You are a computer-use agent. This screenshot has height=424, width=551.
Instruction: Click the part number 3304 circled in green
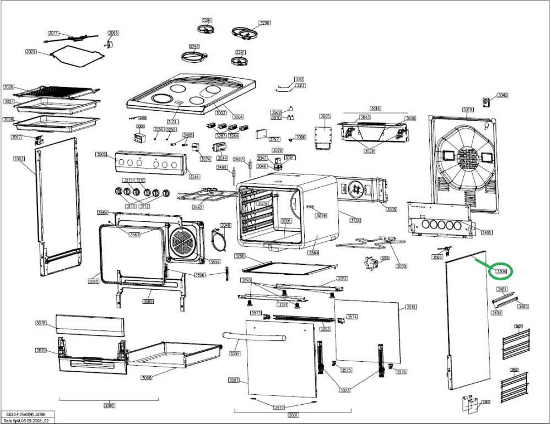click(x=501, y=271)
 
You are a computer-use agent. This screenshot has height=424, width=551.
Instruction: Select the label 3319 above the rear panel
click(x=468, y=110)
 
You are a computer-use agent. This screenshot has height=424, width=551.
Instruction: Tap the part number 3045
click(x=502, y=95)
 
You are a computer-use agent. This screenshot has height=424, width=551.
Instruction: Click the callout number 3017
click(x=53, y=33)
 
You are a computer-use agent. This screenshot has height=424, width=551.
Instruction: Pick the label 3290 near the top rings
click(x=264, y=23)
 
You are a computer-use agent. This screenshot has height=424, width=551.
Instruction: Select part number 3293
click(x=194, y=46)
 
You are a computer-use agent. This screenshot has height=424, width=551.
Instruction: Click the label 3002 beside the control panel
click(x=101, y=155)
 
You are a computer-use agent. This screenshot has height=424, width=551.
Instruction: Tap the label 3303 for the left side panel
click(x=19, y=159)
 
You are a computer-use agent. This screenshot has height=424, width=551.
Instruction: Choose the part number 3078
click(x=41, y=323)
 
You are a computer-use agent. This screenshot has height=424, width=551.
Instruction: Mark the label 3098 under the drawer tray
click(x=147, y=377)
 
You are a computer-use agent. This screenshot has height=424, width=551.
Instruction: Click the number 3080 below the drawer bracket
click(x=109, y=406)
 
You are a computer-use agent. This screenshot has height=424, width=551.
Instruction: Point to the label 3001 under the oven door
click(x=293, y=415)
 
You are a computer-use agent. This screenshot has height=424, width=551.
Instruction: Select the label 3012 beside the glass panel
click(x=411, y=307)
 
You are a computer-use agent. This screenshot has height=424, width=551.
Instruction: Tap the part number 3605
click(x=325, y=116)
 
